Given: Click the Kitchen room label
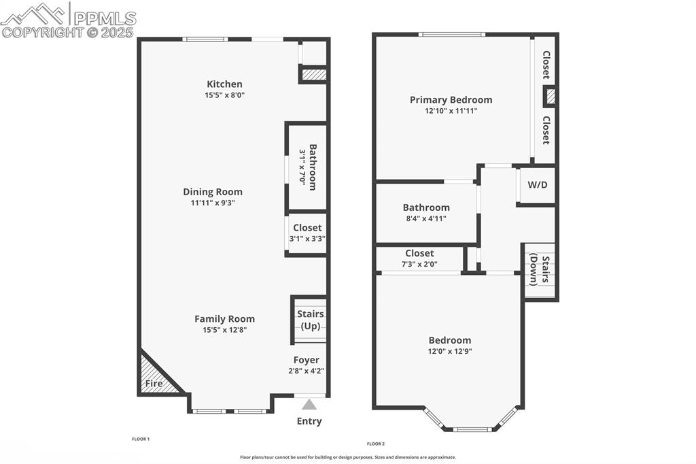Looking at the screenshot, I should [x=224, y=84].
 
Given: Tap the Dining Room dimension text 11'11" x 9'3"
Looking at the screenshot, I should [x=212, y=203].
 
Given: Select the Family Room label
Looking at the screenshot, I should [x=224, y=318].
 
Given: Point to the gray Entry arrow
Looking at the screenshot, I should [x=309, y=405].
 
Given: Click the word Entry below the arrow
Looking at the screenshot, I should [x=309, y=421].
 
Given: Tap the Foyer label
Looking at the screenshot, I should [x=306, y=360].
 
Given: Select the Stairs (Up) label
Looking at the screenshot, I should [x=310, y=320].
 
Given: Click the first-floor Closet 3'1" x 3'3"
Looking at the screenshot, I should [x=307, y=233].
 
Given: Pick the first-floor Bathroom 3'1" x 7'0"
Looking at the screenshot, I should [x=308, y=167].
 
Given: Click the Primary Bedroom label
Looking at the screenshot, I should [x=451, y=100].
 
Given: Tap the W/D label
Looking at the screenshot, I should [x=538, y=184].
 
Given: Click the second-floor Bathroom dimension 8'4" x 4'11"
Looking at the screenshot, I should [x=426, y=218].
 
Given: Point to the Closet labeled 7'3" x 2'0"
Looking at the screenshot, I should [x=419, y=258].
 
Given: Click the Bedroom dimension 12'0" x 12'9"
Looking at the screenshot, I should [x=449, y=352].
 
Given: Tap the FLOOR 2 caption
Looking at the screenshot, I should [x=375, y=444].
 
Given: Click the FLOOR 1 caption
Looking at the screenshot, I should [x=140, y=440].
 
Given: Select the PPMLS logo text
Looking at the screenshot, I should [x=105, y=18].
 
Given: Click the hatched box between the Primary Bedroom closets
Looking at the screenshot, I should [x=550, y=97].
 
